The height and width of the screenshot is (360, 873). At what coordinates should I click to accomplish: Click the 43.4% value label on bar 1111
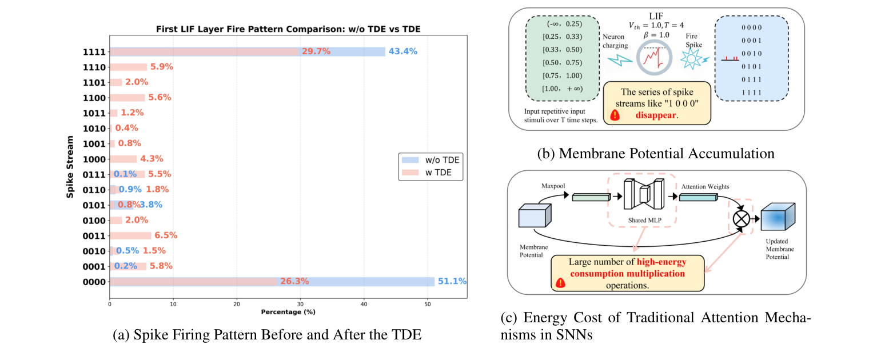click(x=403, y=51)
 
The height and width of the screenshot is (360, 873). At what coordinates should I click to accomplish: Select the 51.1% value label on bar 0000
click(x=452, y=281)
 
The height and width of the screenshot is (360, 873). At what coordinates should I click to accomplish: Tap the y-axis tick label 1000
click(x=94, y=159)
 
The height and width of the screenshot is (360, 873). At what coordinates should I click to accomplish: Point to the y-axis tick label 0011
click(x=94, y=235)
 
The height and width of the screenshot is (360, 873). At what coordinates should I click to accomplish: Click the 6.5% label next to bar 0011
click(x=166, y=235)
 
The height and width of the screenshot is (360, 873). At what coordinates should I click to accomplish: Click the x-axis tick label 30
click(x=301, y=304)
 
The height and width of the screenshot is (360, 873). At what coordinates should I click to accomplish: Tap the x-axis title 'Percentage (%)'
click(x=288, y=312)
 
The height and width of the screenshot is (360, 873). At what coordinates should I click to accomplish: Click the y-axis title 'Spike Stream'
click(x=70, y=167)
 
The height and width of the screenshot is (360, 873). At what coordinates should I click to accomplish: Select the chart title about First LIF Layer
click(x=288, y=30)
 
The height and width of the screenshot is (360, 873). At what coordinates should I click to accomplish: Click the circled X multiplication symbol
click(x=742, y=219)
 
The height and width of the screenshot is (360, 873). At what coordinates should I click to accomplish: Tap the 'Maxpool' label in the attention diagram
click(x=553, y=186)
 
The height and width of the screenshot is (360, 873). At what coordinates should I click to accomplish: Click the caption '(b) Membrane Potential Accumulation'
click(x=655, y=153)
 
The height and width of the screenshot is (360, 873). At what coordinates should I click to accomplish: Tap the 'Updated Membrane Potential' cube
click(x=781, y=219)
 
